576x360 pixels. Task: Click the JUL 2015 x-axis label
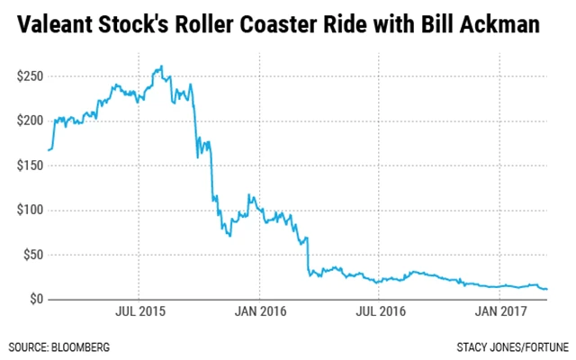(x=139, y=315)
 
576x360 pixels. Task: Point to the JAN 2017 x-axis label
(x=499, y=315)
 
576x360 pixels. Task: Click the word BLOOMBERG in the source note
(x=86, y=346)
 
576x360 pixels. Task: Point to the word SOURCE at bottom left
(x=29, y=346)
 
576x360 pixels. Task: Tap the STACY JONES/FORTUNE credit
(x=511, y=346)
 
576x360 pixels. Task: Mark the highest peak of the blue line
(x=160, y=67)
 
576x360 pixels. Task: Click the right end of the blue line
(x=547, y=289)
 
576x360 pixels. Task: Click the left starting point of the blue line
(x=48, y=149)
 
